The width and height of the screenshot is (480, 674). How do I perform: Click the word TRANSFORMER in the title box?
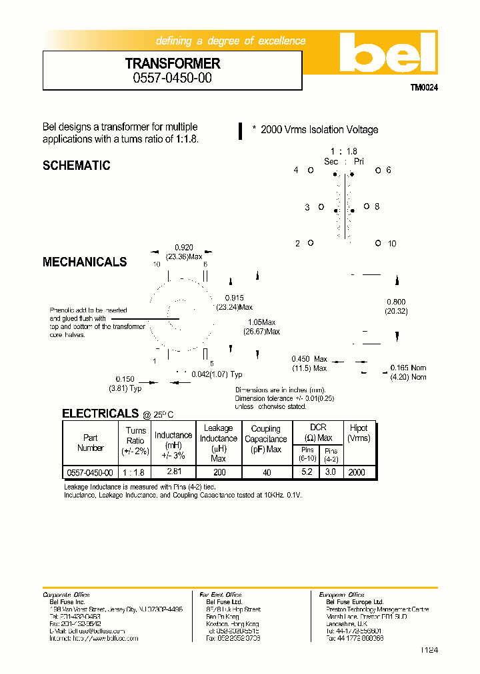click(x=173, y=64)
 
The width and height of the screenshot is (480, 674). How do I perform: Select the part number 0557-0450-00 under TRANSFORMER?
click(x=173, y=77)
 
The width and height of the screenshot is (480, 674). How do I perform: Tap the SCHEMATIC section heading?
click(x=76, y=166)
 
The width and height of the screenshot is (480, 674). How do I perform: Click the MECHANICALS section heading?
click(x=85, y=262)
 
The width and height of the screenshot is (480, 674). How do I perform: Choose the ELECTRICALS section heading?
click(x=100, y=414)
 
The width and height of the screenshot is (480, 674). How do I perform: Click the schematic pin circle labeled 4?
click(x=311, y=170)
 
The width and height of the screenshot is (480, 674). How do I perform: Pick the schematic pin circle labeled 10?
click(x=378, y=243)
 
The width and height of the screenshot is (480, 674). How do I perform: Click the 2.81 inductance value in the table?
click(x=173, y=472)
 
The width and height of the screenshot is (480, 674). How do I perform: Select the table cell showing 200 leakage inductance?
click(x=218, y=472)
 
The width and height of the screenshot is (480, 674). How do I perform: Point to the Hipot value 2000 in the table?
click(x=357, y=472)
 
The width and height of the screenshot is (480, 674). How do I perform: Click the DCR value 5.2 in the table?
click(x=307, y=472)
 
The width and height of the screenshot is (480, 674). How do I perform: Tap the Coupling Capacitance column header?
click(x=265, y=439)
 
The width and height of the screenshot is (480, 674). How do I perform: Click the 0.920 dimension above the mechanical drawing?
click(x=183, y=246)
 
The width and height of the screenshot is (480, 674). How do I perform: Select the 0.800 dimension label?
click(x=396, y=302)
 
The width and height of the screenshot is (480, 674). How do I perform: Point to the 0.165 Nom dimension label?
click(x=409, y=368)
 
